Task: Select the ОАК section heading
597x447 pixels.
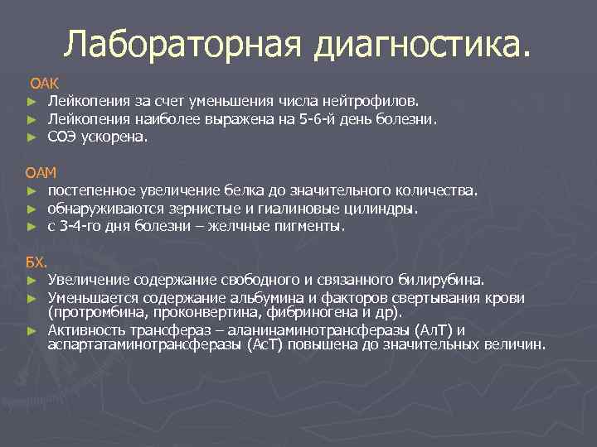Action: [x=43, y=84]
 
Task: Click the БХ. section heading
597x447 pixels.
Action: [x=36, y=262]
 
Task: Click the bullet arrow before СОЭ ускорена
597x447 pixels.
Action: [x=31, y=138]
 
